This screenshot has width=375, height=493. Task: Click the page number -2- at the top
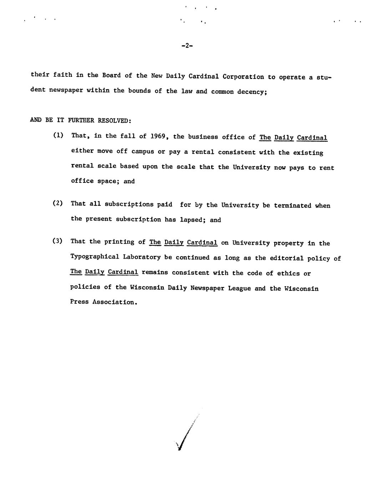[x=187, y=46]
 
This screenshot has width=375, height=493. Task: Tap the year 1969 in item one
[x=159, y=136]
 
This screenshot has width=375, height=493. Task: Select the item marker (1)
[x=58, y=135]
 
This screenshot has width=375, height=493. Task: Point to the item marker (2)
[x=58, y=203]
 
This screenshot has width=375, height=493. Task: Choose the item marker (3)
[x=57, y=241]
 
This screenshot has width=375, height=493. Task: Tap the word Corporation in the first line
[x=243, y=77]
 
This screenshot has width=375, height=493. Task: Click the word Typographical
[x=95, y=257]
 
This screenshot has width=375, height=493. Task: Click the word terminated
[x=293, y=206]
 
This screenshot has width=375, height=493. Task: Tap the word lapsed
[x=192, y=220]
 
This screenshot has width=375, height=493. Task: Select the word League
[x=239, y=288]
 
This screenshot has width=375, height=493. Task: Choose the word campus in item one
[x=143, y=151]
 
